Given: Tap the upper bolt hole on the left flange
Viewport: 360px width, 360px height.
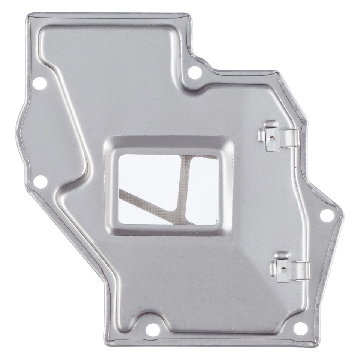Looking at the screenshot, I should click(x=38, y=82).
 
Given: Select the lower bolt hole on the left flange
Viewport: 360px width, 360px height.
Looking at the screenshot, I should click(x=38, y=182).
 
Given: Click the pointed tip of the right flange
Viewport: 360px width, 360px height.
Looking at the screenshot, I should click(x=342, y=214).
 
